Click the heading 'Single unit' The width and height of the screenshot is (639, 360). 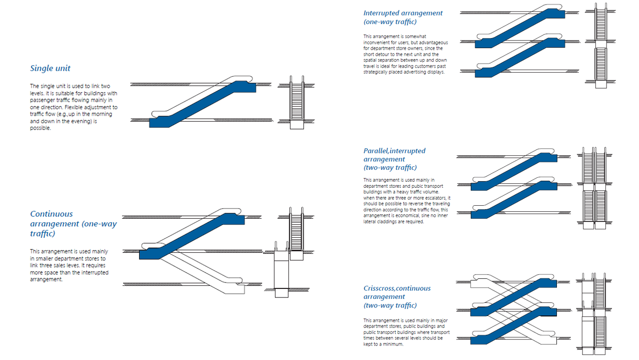click(50, 69)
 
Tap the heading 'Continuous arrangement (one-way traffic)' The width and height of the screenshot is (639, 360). click(73, 223)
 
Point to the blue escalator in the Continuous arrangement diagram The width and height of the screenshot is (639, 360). click(193, 235)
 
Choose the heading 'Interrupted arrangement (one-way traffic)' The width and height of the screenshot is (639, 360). click(403, 17)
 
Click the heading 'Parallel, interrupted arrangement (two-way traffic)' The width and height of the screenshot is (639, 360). click(394, 159)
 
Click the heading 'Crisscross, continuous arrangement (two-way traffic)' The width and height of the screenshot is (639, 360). click(397, 296)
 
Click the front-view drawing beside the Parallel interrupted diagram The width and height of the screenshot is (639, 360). click(594, 188)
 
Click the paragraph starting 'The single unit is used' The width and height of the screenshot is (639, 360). click(74, 107)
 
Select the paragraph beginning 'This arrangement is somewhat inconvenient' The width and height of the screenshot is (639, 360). click(405, 54)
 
